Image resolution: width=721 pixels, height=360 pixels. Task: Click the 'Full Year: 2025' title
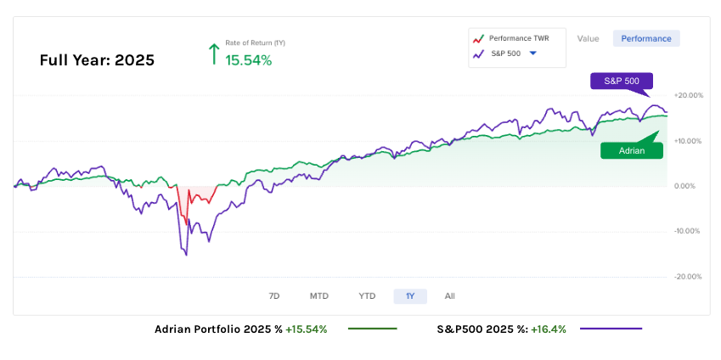coord(97,60)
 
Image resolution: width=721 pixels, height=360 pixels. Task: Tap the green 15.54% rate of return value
coord(248,60)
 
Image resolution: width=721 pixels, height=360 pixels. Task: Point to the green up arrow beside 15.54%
coord(213,54)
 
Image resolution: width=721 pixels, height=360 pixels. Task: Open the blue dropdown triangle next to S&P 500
coord(532,53)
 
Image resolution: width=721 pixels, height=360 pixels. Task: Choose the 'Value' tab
coord(588,38)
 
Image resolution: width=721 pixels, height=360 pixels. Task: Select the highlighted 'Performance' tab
coord(646,38)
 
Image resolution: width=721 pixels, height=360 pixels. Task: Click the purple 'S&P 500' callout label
coord(622,81)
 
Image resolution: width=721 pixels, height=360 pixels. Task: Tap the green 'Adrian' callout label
coord(632,150)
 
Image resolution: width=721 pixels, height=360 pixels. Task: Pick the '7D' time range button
coord(274,295)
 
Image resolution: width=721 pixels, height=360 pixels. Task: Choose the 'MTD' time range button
coord(318,295)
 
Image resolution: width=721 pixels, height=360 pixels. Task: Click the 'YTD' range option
coord(367,295)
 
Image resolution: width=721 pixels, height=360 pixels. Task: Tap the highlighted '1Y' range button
coord(410,295)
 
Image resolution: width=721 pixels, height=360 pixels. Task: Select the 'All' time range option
coord(449,295)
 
